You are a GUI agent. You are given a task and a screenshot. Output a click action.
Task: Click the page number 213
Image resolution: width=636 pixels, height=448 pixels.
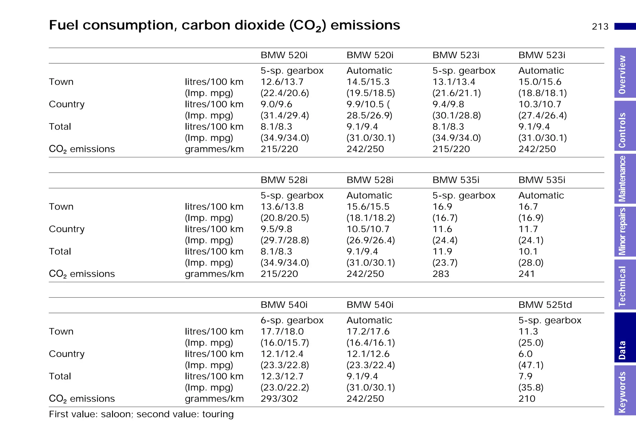pos(600,27)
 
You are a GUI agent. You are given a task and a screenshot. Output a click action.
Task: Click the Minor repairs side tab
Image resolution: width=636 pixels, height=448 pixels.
pos(624,232)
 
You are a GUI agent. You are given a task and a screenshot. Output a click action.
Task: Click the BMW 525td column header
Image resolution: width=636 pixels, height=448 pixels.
pos(545,305)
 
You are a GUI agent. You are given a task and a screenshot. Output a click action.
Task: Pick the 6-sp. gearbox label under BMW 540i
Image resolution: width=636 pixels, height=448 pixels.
pos(292,320)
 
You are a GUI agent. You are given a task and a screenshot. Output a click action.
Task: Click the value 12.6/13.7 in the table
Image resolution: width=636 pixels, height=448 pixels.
pos(282,82)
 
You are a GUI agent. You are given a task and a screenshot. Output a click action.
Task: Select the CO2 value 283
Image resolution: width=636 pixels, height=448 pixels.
pos(441,274)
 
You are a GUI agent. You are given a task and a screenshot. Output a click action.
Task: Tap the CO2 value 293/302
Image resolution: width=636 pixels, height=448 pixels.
pos(279,399)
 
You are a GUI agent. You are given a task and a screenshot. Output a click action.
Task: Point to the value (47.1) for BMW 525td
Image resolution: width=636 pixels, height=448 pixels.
pos(531,365)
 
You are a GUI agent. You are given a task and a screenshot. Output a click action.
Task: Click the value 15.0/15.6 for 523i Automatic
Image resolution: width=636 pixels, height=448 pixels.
pos(540,82)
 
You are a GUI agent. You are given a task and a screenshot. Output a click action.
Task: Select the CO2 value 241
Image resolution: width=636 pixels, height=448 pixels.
pos(526,274)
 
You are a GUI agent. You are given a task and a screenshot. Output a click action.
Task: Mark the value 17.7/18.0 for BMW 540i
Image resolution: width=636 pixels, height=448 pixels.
pos(282,332)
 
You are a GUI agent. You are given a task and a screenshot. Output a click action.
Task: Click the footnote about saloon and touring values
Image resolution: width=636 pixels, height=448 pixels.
pos(141,414)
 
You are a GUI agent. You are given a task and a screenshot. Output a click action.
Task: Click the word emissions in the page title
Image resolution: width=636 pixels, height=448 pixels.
pos(365,25)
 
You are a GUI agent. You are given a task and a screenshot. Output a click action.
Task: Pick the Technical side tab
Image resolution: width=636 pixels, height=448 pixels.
pos(624,285)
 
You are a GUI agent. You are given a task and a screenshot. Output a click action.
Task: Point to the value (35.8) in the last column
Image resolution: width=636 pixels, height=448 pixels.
pos(531,387)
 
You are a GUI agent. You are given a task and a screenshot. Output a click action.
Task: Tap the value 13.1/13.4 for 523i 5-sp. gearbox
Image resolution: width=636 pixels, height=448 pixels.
pos(454,82)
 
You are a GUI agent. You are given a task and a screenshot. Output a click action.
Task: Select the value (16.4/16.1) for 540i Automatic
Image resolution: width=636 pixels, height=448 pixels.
pos(370,343)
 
